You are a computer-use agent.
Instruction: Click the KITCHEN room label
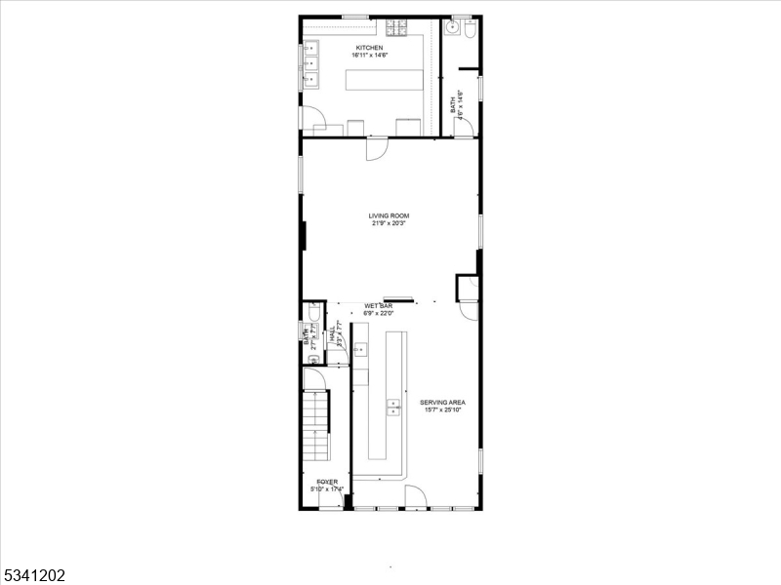pos(369,48)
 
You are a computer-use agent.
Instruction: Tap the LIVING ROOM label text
pos(389,215)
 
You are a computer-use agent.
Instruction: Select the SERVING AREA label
pos(442,402)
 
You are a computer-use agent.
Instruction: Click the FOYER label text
pos(326,482)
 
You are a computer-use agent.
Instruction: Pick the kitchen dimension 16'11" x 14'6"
pos(370,56)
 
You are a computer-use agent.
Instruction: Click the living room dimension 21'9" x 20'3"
pos(389,223)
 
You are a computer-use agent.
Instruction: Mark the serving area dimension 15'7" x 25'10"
pos(442,409)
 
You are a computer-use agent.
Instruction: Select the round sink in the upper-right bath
pos(451,29)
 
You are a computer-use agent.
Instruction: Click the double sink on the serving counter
pos(393,407)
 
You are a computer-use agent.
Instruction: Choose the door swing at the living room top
pos(377,149)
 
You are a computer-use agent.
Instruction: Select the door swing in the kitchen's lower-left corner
pos(313,120)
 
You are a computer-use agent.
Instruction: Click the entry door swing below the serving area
pos(416,496)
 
